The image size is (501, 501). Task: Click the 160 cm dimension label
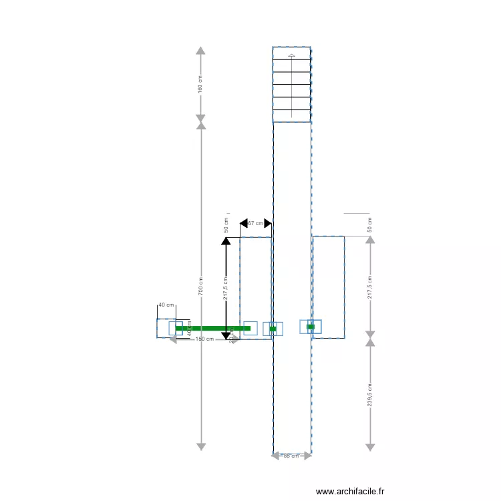point(200,85)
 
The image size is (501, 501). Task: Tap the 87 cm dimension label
point(255,224)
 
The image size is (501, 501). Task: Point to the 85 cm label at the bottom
point(291,456)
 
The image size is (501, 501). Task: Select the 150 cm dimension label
point(204,339)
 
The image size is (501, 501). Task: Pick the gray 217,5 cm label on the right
point(370,287)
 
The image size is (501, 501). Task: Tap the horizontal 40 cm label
point(166,305)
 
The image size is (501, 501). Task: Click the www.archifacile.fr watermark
point(350,491)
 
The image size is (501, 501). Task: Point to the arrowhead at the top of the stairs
point(291,56)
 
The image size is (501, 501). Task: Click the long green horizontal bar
point(212,328)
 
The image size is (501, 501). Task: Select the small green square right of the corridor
point(311,327)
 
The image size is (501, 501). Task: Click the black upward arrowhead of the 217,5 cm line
point(226,241)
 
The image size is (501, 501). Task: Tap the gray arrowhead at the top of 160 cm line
point(200,50)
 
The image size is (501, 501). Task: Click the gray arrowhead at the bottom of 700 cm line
point(200,446)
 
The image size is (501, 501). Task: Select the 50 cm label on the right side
point(370,224)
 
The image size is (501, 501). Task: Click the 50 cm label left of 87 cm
point(226,225)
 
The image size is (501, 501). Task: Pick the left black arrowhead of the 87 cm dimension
point(244,223)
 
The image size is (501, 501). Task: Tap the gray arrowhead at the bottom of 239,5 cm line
point(370,446)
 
